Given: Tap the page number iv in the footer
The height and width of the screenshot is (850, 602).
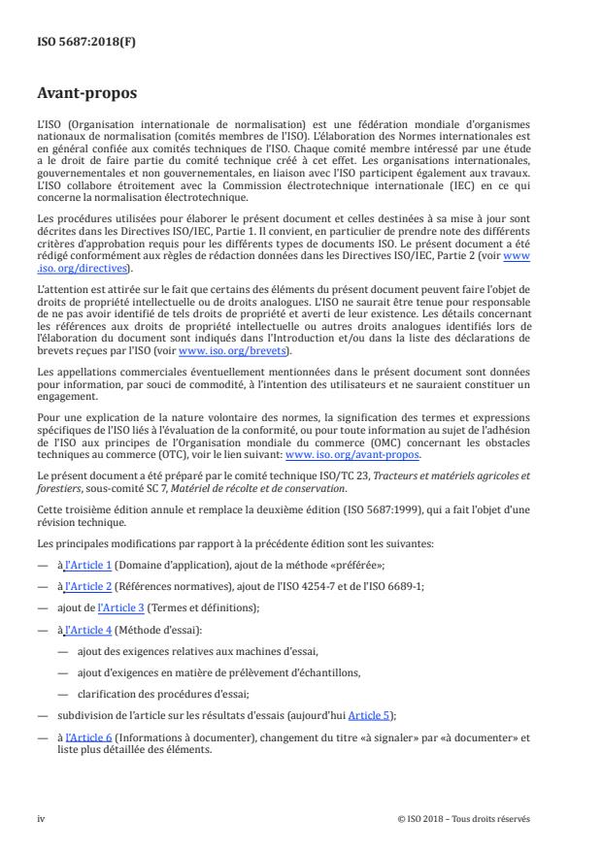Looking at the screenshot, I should (x=41, y=818).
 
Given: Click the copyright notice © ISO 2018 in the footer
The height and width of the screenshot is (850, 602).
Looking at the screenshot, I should (x=464, y=818).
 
